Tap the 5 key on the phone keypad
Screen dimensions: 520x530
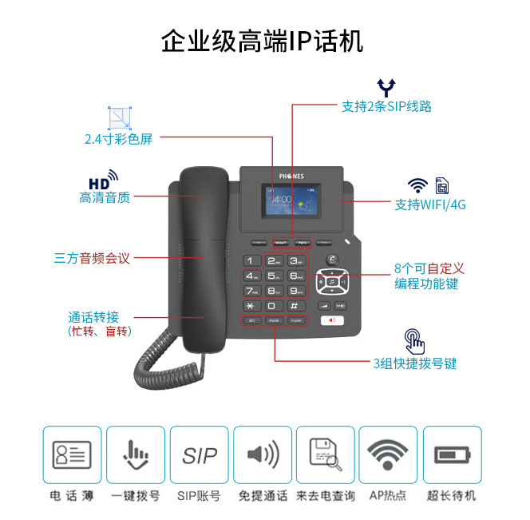coord(274,276)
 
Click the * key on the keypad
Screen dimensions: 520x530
coord(251,306)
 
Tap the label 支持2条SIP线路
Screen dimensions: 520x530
coord(387,106)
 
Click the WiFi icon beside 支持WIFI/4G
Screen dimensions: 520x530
coord(417,185)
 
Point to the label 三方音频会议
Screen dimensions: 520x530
coord(92,258)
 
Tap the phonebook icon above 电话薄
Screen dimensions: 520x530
coord(73,455)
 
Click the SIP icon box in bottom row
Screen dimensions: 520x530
coord(199,455)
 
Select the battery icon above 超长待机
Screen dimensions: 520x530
coord(453,455)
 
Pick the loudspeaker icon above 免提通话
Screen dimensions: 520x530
coord(263,455)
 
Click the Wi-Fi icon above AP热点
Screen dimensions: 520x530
coord(388,455)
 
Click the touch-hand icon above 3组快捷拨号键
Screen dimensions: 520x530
coord(414,340)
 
